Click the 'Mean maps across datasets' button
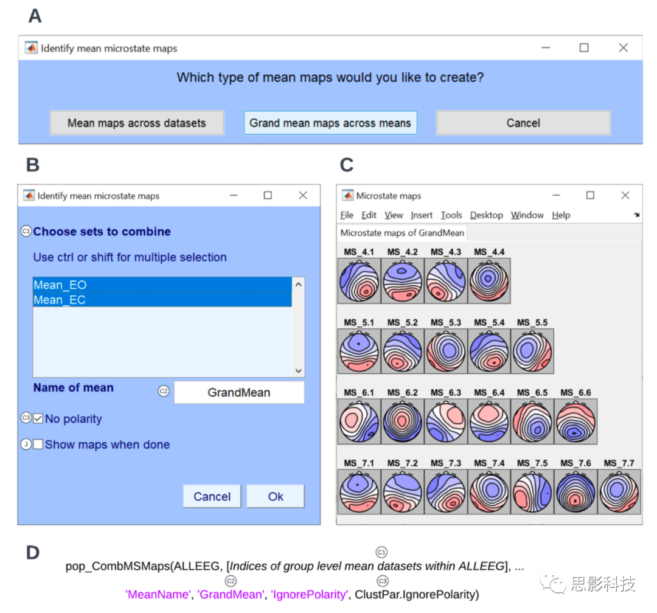coord(137,123)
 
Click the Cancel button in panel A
coord(523,123)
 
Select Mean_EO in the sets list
coord(162,285)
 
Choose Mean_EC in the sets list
coord(162,300)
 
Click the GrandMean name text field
coord(239,392)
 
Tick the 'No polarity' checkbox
coord(38,419)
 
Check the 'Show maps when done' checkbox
coord(38,445)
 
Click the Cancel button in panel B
coord(212,496)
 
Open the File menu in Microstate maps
coord(347,215)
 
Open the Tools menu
coord(451,215)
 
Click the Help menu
coord(561,215)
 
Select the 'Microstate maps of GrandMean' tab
coord(402,233)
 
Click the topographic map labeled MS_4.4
coord(489,280)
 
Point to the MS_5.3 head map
coord(446,352)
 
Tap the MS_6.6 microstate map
coord(575,421)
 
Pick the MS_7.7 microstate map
coord(619,491)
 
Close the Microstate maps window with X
coord(625,195)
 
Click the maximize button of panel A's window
coord(584,47)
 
